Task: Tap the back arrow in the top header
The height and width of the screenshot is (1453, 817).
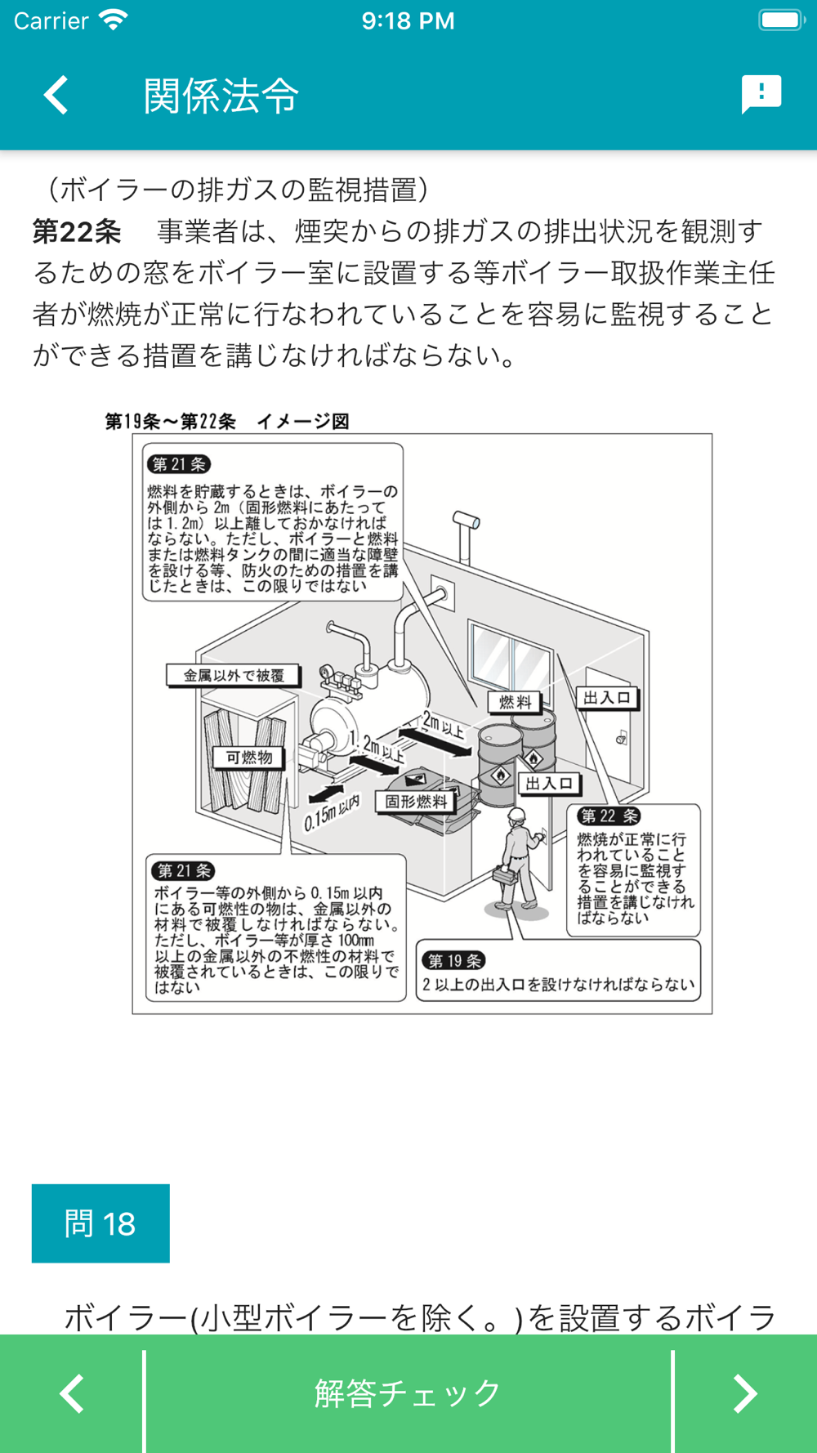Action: (56, 95)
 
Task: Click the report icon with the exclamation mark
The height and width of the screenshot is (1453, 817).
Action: (761, 94)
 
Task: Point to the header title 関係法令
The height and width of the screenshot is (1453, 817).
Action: (221, 96)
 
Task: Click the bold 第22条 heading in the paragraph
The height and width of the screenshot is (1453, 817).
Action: (77, 231)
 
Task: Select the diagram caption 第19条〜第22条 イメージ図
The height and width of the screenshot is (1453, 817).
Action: (227, 422)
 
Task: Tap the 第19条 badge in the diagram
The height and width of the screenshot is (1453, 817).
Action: (454, 961)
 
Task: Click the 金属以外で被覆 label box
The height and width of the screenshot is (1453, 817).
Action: (234, 676)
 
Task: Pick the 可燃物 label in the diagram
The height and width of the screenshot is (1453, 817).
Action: (249, 758)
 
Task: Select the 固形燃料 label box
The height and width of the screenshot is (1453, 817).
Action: (416, 802)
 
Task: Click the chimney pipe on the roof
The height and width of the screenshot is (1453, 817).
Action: (467, 523)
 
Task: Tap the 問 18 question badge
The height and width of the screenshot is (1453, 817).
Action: (100, 1223)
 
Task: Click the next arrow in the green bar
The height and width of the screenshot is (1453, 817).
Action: (744, 1393)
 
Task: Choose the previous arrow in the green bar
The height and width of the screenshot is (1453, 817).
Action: (72, 1393)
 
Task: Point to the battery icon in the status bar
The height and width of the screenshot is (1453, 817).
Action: (781, 20)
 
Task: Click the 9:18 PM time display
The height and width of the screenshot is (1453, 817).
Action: (408, 20)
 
